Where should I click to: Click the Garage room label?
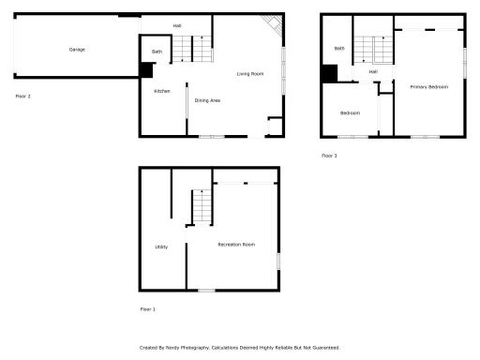tap(77, 49)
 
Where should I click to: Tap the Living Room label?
tap(249, 73)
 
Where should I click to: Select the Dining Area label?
tap(207, 99)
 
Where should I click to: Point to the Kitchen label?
tap(161, 91)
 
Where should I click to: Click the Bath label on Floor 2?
tap(157, 52)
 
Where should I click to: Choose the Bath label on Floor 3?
tap(338, 48)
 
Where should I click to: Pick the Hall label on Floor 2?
tap(177, 25)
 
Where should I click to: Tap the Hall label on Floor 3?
tap(373, 71)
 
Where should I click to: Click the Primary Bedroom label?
tap(428, 86)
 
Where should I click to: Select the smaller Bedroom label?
tap(350, 113)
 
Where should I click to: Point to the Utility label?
tap(161, 247)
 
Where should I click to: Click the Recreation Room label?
tap(236, 245)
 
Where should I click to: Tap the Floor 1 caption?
tap(148, 308)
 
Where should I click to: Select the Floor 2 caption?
tap(23, 96)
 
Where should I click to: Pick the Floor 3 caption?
tap(329, 156)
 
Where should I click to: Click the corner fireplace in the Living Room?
tap(273, 24)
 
